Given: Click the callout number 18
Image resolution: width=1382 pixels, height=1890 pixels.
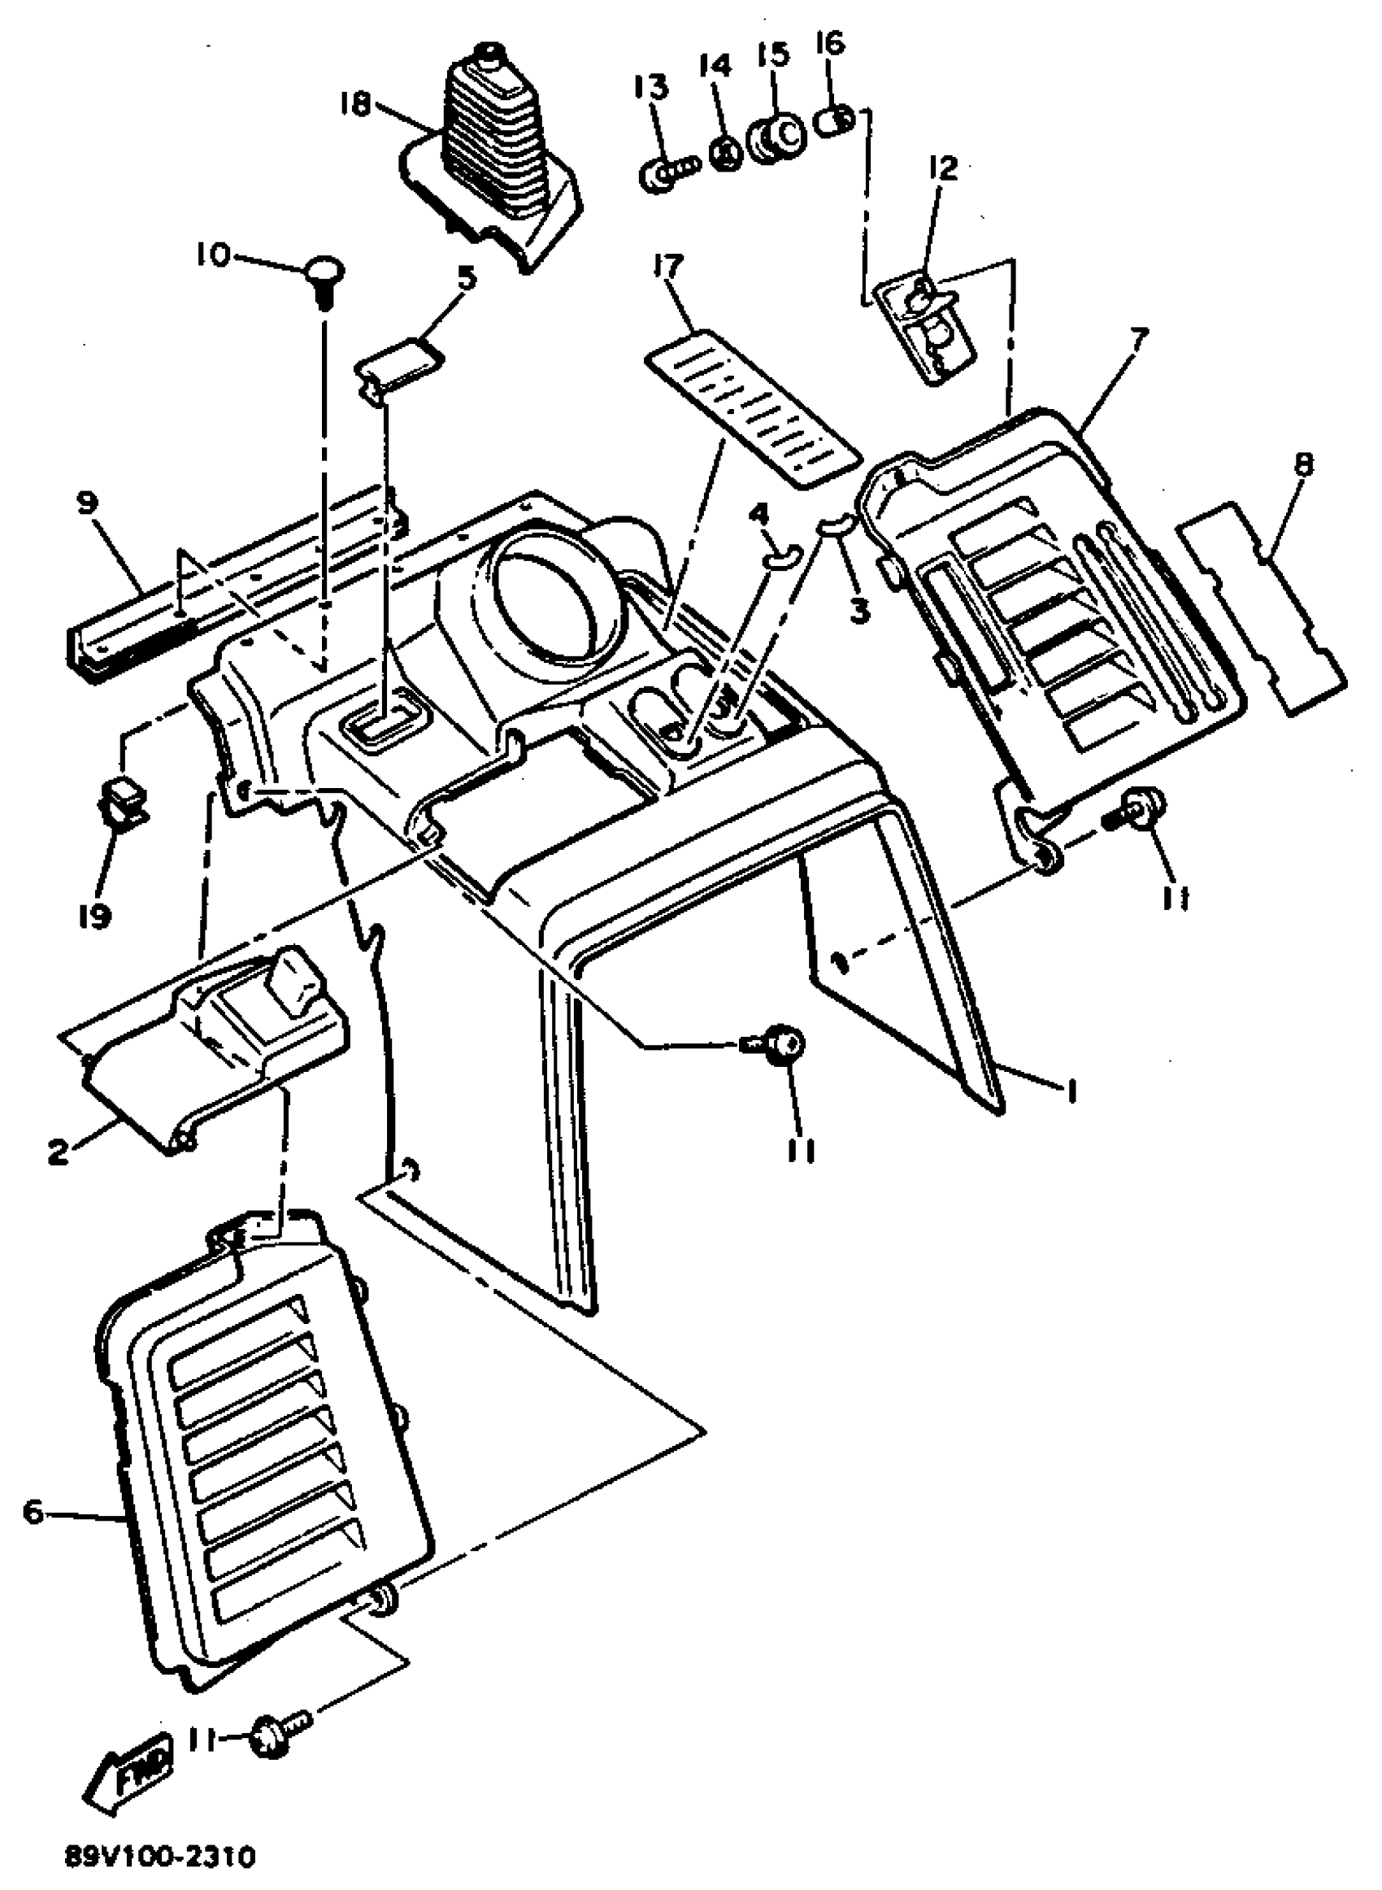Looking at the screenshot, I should [x=354, y=107].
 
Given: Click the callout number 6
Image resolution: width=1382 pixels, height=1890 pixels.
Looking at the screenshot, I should [x=33, y=1514].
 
